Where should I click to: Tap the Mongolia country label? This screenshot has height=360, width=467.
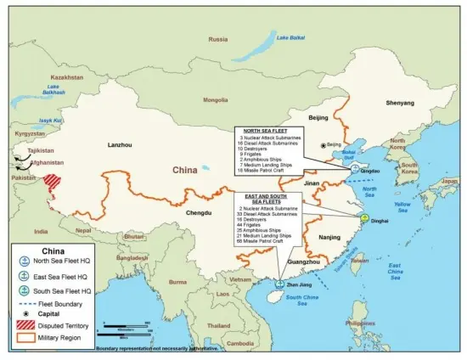point(215,99)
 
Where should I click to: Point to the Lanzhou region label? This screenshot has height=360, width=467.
point(121,145)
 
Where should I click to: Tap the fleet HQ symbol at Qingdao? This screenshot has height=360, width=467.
point(355,169)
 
